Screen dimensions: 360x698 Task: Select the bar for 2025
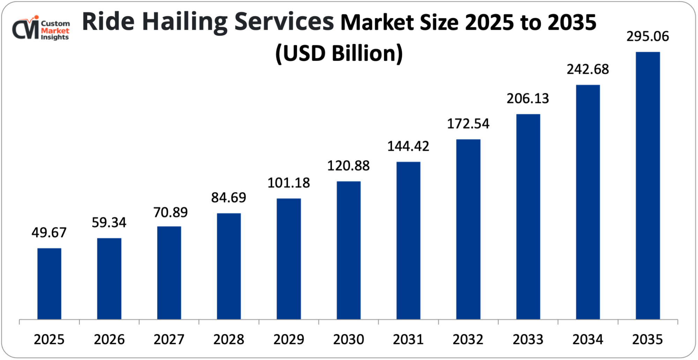49,284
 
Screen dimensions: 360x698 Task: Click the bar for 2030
348,250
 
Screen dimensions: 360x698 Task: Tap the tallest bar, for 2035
647,185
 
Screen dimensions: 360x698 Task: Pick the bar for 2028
229,266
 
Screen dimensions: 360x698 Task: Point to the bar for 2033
528,216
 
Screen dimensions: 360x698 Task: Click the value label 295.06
647,37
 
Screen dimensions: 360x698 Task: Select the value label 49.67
49,233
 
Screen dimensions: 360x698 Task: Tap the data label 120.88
348,166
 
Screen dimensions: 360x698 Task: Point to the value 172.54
468,124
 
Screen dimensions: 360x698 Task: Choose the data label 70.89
170,212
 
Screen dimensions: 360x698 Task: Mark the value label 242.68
588,69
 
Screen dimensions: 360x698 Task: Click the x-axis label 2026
109,339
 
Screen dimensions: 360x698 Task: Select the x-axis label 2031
408,339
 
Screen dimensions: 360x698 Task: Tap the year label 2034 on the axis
588,339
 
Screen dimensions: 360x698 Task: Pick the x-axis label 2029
289,339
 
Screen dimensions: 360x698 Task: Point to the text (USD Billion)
339,53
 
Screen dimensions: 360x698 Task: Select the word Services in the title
284,22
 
